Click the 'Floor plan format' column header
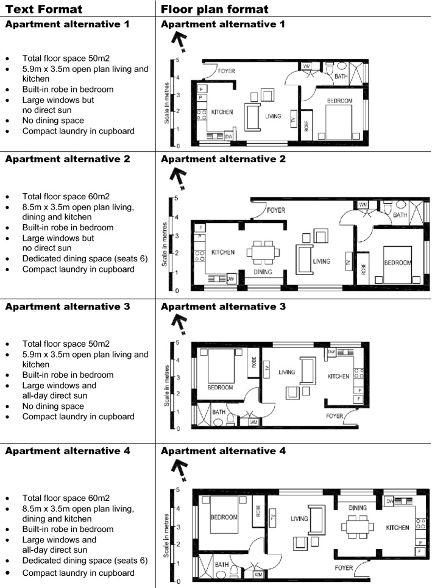(x=214, y=9)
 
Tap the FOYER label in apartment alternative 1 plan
(x=226, y=71)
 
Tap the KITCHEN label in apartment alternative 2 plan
(x=222, y=252)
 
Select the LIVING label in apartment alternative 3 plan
(x=287, y=372)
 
